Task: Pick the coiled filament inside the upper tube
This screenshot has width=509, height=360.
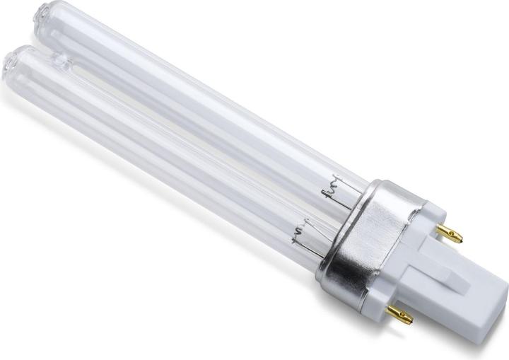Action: point(329,190)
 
